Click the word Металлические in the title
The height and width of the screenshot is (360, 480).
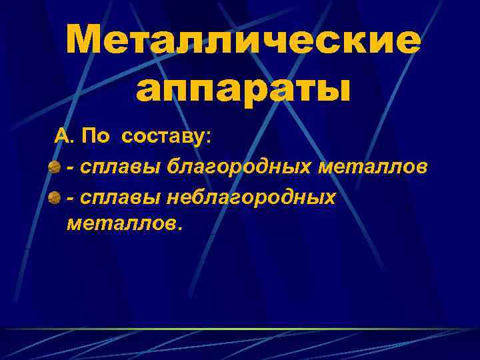[243, 42]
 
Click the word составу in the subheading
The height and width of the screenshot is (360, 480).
[163, 137]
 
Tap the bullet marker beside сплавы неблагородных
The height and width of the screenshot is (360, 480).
[55, 197]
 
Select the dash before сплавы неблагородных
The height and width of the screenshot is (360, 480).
[70, 197]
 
